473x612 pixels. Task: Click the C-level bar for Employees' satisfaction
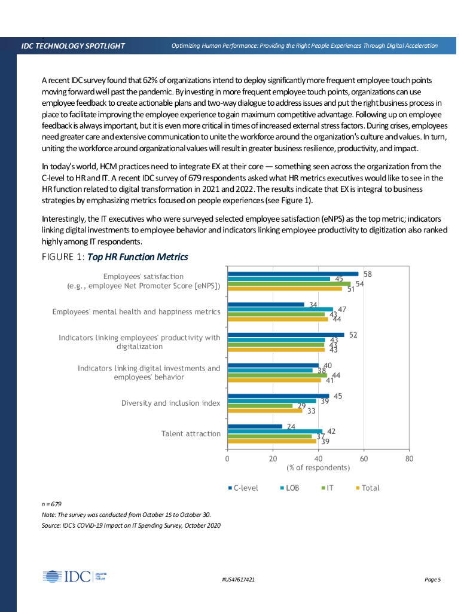pyautogui.click(x=293, y=274)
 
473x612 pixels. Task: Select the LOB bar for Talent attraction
pyautogui.click(x=275, y=431)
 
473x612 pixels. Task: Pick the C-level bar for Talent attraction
pyautogui.click(x=255, y=426)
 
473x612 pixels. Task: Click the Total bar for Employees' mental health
pyautogui.click(x=277, y=319)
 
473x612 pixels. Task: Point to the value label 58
pyautogui.click(x=368, y=274)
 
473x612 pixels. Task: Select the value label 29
pyautogui.click(x=302, y=406)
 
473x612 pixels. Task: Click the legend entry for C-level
pyautogui.click(x=243, y=488)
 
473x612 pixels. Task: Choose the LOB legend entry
pyautogui.click(x=289, y=488)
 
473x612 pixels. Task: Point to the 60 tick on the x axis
pyautogui.click(x=364, y=459)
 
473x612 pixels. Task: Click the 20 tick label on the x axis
pyautogui.click(x=273, y=459)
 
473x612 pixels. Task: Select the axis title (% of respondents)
pyautogui.click(x=318, y=467)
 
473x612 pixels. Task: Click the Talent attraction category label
pyautogui.click(x=191, y=433)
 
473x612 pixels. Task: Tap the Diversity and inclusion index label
pyautogui.click(x=170, y=403)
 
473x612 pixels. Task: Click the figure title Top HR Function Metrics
pyautogui.click(x=138, y=257)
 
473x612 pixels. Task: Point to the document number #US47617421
pyautogui.click(x=238, y=580)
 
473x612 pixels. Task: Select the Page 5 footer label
pyautogui.click(x=432, y=580)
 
